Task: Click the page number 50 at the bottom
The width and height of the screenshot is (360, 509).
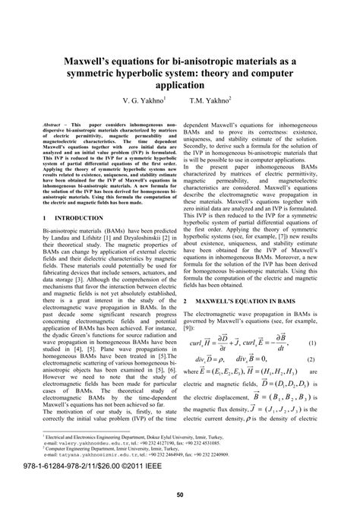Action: click(180, 496)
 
